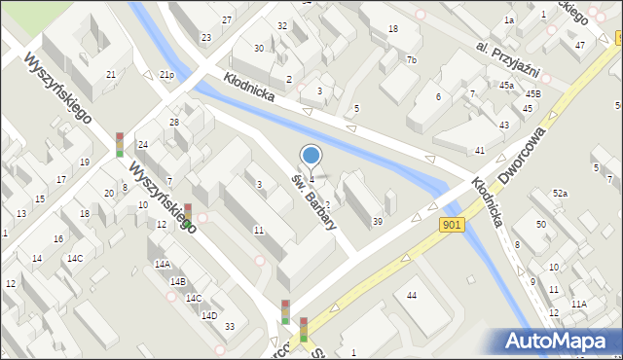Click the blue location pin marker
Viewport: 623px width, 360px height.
pos(311,156)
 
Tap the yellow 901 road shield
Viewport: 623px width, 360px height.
pos(451,225)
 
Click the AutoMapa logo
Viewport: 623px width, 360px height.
pos(559,340)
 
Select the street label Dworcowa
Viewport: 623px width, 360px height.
pos(519,143)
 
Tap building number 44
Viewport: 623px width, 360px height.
pos(412,295)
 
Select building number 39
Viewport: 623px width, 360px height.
pos(378,222)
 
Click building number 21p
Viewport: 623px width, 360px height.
pos(166,75)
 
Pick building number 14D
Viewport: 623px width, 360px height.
pos(208,315)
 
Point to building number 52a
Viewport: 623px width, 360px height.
pos(560,194)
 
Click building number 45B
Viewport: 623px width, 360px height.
pos(532,93)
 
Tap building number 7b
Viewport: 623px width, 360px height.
pos(412,60)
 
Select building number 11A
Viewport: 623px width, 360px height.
pos(579,304)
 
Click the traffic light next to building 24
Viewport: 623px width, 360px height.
pos(120,145)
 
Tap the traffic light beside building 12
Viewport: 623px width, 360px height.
pos(188,215)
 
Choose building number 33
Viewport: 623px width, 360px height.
pos(229,326)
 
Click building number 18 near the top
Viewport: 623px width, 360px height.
pos(392,29)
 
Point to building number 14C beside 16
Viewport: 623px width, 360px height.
pos(75,258)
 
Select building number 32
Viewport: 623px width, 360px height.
pos(282,26)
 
